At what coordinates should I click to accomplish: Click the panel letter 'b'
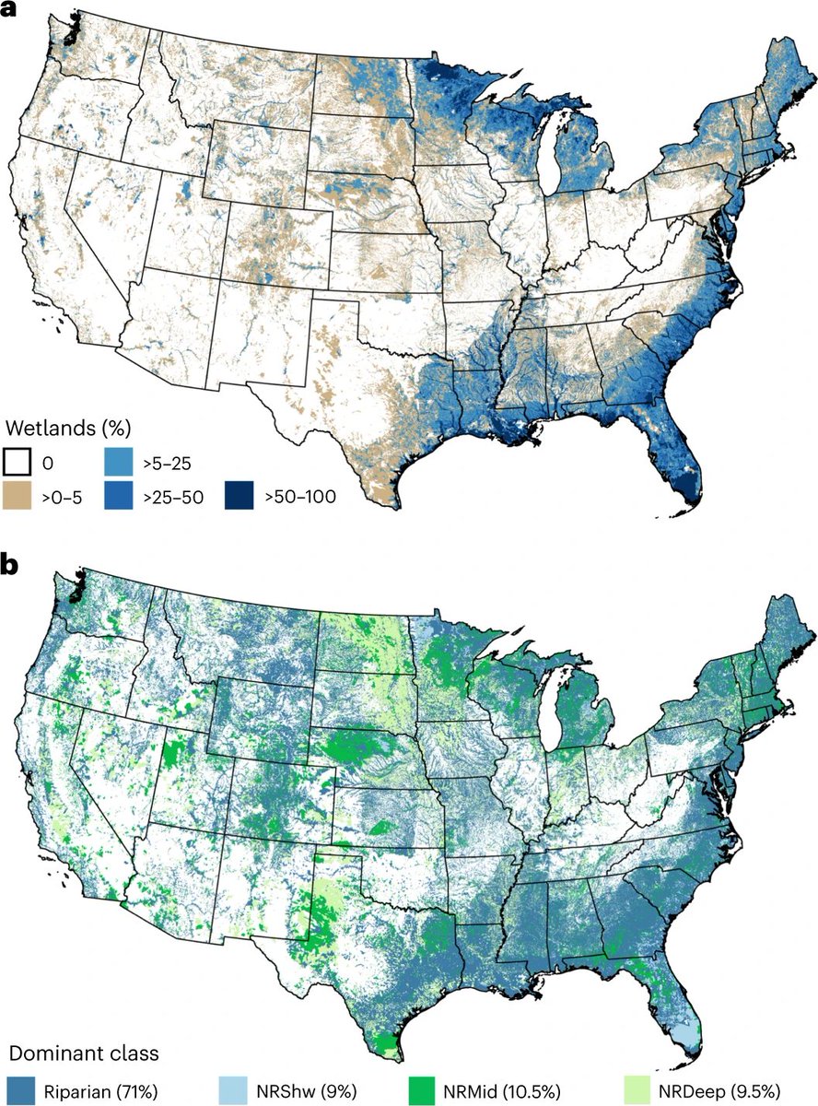tap(13, 565)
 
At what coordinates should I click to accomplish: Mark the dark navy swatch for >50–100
tap(239, 497)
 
